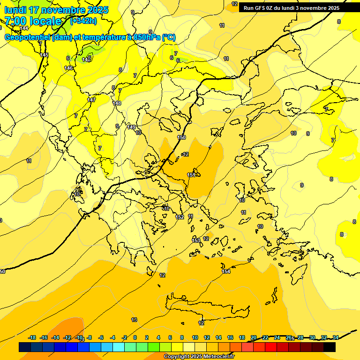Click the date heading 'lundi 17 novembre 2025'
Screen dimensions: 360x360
[56, 10]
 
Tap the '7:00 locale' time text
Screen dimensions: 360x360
[33, 21]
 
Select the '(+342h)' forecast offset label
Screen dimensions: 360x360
[83, 21]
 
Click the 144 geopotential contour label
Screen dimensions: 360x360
[24, 28]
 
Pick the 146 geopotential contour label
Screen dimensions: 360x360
[68, 68]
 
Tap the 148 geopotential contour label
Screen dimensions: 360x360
[117, 103]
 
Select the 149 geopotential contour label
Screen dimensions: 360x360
[132, 127]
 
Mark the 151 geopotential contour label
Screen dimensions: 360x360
[191, 175]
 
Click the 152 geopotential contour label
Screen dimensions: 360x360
[180, 217]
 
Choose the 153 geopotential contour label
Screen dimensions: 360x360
[196, 240]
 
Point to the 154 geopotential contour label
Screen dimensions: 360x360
[226, 271]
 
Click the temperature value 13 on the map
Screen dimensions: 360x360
[134, 320]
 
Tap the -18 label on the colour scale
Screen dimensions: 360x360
[32, 337]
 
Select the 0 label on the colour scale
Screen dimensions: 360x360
[135, 337]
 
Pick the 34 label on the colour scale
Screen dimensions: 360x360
[336, 337]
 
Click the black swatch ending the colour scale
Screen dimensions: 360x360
[330, 347]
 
